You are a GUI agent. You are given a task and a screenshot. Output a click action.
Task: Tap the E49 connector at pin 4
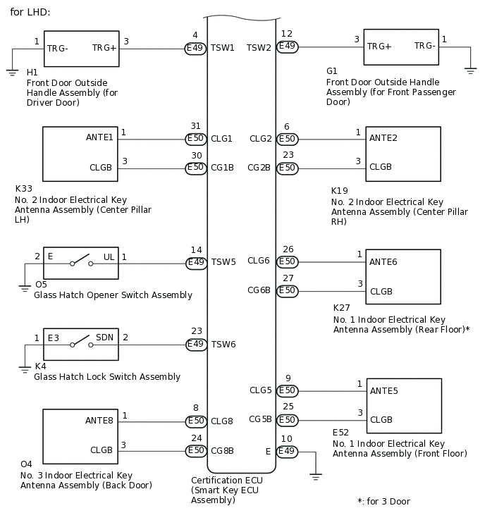click(196, 48)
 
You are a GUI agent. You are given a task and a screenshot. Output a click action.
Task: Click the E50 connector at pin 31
click(196, 139)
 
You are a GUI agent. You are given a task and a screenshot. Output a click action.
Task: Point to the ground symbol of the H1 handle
click(13, 71)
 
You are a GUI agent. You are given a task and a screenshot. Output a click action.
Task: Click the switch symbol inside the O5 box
click(80, 264)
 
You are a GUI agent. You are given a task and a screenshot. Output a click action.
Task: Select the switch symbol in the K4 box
click(80, 345)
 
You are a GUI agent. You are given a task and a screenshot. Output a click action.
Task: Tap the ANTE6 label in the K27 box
click(383, 262)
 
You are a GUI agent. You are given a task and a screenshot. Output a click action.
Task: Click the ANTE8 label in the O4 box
click(99, 421)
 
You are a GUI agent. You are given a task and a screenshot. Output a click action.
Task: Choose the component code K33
click(23, 189)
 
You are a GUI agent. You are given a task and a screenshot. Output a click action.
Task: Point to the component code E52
click(340, 432)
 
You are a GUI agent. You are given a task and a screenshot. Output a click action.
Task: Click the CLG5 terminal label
click(260, 390)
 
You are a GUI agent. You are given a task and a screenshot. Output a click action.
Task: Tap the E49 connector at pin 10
click(287, 451)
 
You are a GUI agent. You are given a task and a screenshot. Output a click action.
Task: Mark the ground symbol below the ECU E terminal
click(315, 477)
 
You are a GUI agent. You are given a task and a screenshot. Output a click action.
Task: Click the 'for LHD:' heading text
click(30, 13)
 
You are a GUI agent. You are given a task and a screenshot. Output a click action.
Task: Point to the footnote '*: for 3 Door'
click(383, 502)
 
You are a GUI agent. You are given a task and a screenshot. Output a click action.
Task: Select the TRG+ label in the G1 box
click(379, 46)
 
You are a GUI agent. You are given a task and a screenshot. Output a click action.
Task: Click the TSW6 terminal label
click(223, 345)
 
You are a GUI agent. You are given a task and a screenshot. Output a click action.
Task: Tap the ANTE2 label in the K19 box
click(383, 138)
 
